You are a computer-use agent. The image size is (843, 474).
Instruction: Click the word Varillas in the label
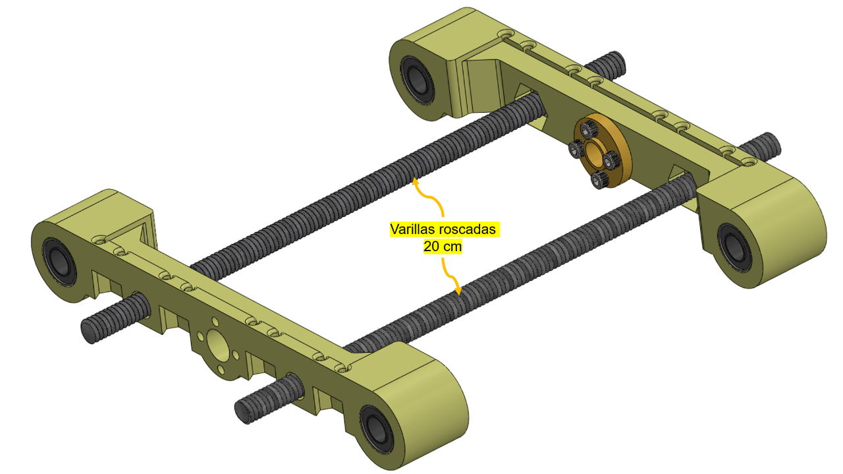[412, 229]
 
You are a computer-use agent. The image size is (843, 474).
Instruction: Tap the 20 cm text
[443, 247]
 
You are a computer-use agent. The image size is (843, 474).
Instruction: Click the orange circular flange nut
[603, 150]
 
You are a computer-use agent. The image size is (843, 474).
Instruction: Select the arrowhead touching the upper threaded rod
[415, 183]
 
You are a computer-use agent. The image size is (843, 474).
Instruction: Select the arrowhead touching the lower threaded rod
[458, 290]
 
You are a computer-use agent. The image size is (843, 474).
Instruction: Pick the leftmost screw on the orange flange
[576, 149]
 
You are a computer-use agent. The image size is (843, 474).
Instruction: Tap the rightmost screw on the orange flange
[612, 160]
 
